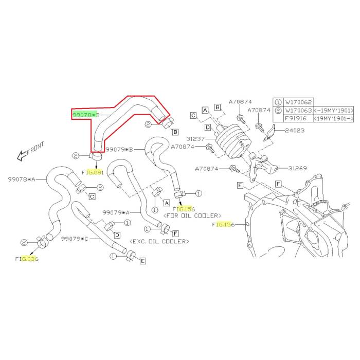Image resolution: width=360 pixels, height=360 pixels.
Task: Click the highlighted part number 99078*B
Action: [86, 115]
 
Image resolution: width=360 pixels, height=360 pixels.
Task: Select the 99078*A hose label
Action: [22, 179]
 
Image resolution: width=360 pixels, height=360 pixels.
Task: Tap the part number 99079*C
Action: [75, 239]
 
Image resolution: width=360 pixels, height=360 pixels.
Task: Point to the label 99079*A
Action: [116, 212]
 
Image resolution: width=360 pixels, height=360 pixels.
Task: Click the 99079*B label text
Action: [119, 150]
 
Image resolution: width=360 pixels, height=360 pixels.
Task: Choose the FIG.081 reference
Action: [93, 172]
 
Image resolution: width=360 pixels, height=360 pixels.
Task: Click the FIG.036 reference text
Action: [27, 259]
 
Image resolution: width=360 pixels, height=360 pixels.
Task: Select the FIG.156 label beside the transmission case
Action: [223, 225]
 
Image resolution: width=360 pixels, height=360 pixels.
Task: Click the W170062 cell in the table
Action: [298, 102]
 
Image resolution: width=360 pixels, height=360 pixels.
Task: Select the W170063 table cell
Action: [298, 111]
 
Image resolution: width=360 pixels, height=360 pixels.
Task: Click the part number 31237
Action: [195, 139]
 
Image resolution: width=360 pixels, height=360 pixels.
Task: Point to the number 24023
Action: [295, 131]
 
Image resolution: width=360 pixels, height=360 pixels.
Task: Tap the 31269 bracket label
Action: [298, 168]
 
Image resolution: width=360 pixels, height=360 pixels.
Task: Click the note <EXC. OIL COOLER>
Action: [159, 241]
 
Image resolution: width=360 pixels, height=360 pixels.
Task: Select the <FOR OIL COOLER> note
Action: [192, 215]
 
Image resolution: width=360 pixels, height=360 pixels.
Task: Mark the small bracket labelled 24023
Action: [270, 132]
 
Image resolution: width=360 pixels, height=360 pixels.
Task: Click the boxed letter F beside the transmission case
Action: [278, 184]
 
